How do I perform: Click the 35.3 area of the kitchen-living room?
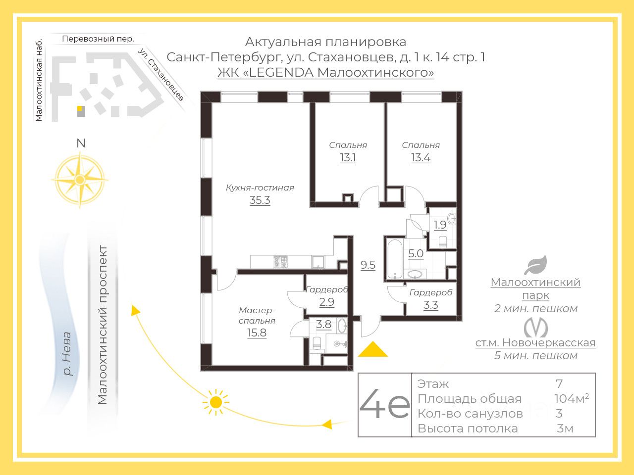coord(260,200)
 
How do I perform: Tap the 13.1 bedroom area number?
coord(348,158)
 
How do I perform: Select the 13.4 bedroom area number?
coord(421,158)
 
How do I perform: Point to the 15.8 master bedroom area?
coord(257,332)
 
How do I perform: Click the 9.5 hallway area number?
coord(368,265)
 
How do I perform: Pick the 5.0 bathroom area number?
coord(416,254)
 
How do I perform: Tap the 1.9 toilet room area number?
coord(440,225)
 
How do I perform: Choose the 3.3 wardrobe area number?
coord(430,305)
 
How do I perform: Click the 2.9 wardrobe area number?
coord(326,302)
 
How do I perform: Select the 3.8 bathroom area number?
coord(323,325)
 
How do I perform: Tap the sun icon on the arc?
coord(215,402)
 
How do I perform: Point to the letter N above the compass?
coord(81,143)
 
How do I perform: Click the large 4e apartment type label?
coord(384,405)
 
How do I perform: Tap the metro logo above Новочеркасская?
coord(535,327)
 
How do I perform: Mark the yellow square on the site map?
coord(79,108)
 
